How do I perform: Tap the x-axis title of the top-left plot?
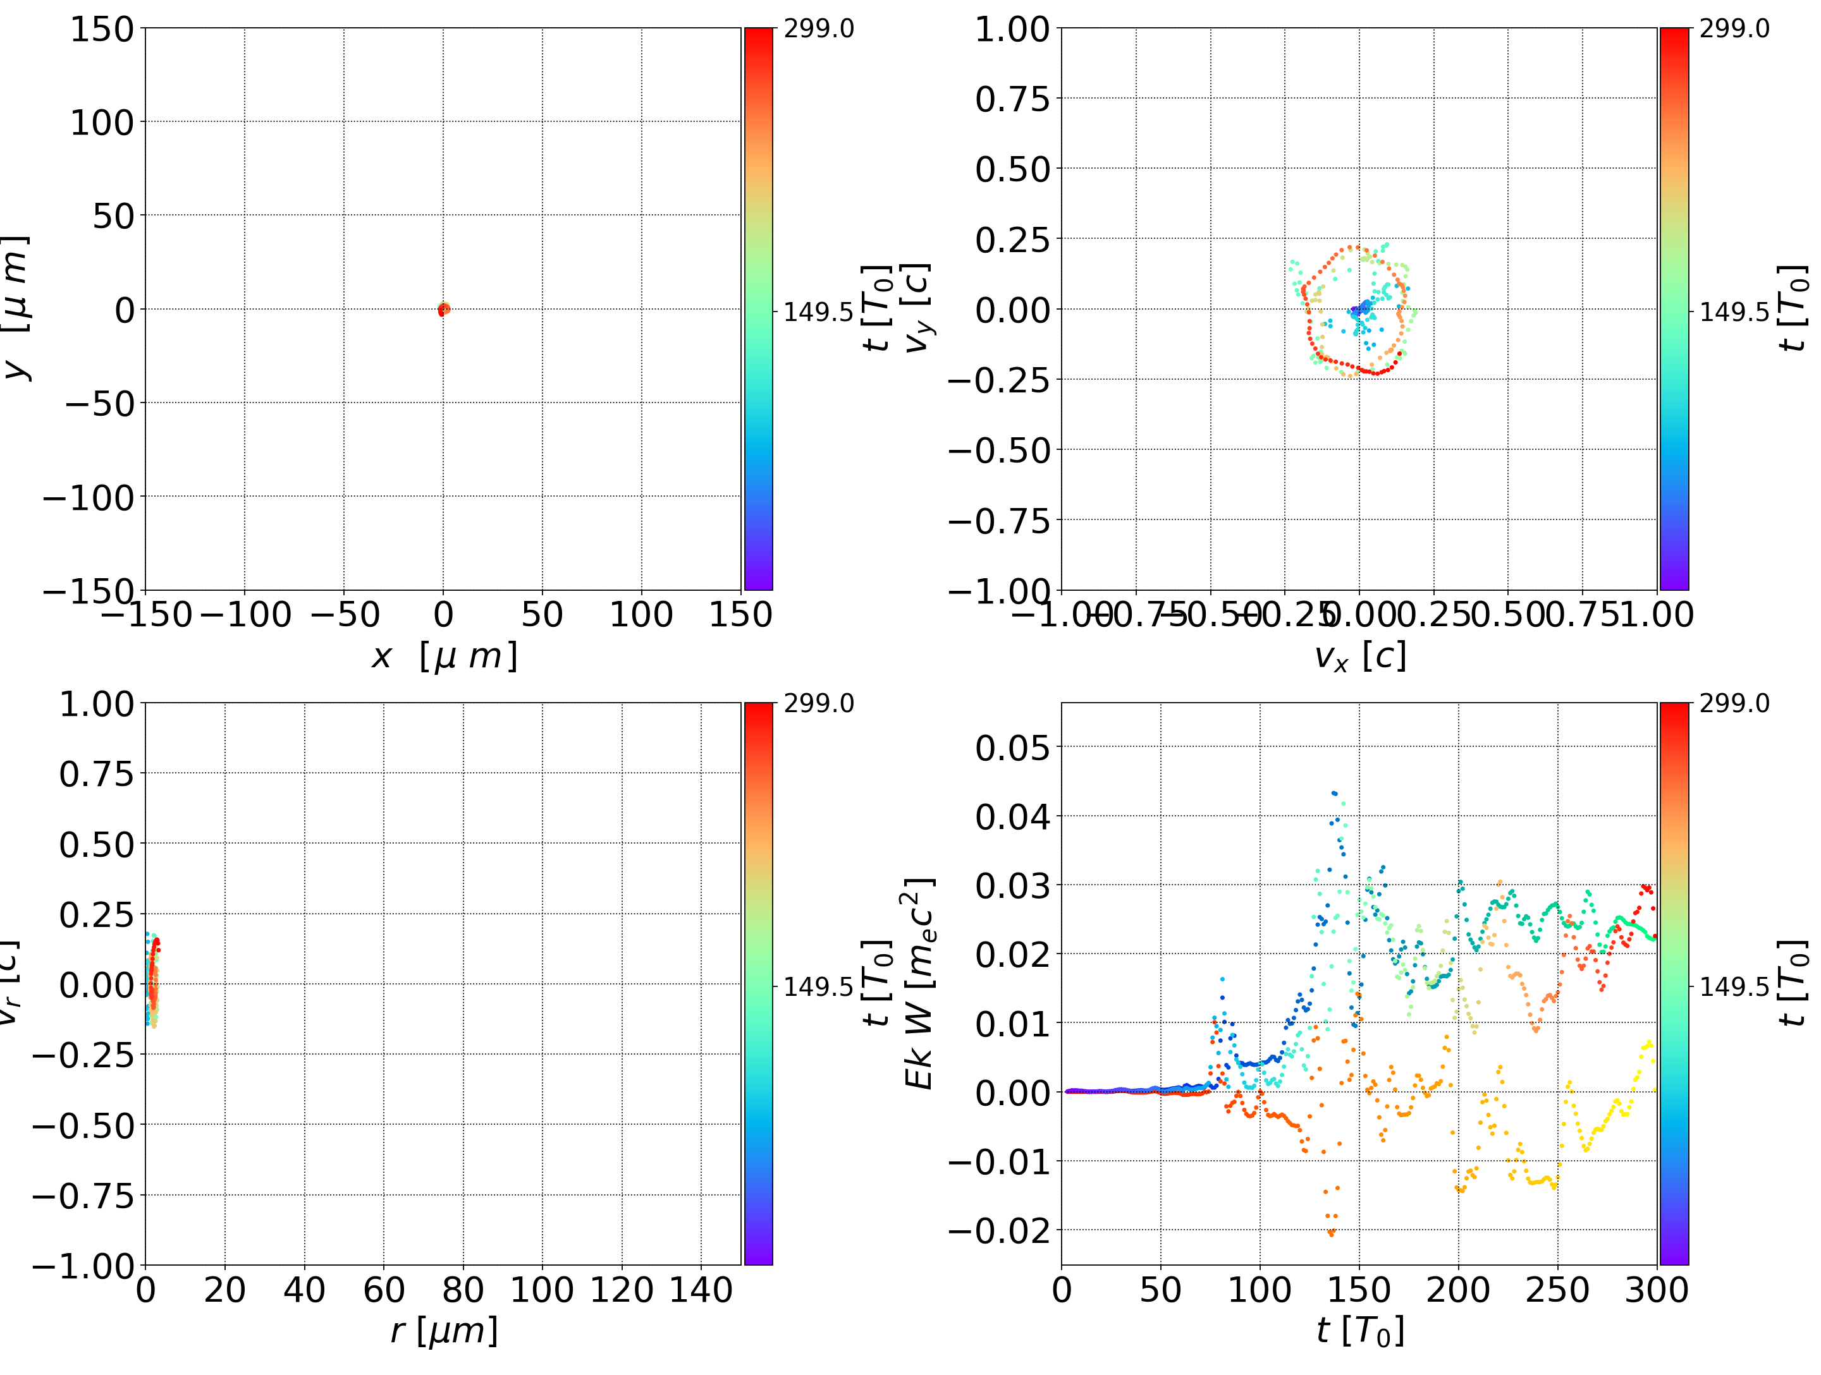(x=444, y=657)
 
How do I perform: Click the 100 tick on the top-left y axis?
(x=101, y=123)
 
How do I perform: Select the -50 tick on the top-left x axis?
(x=344, y=615)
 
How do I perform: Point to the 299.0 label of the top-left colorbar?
(x=818, y=29)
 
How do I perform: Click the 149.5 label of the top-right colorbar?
(x=1734, y=312)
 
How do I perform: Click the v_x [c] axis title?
(x=1359, y=657)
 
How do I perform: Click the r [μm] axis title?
(x=444, y=1331)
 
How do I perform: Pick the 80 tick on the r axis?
(x=463, y=1290)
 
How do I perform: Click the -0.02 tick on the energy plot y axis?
(x=1000, y=1231)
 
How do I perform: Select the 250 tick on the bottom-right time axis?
(x=1557, y=1290)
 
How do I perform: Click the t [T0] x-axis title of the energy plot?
(x=1359, y=1331)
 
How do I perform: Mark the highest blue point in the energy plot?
(x=1333, y=792)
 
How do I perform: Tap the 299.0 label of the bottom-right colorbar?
(x=1734, y=703)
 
